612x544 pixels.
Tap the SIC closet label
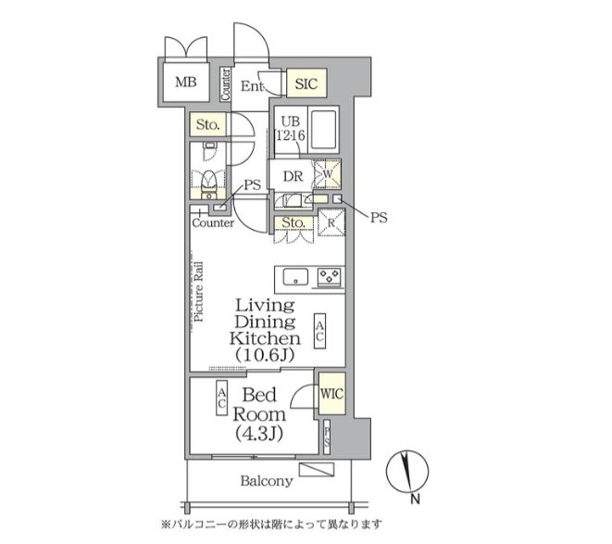pyautogui.click(x=306, y=84)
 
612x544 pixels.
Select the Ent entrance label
pyautogui.click(x=251, y=86)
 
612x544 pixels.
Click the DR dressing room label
pyautogui.click(x=293, y=176)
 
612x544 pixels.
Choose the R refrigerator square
pyautogui.click(x=331, y=223)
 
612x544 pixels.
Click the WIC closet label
pyautogui.click(x=331, y=393)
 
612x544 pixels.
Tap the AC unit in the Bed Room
pyautogui.click(x=223, y=399)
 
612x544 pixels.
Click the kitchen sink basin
pyautogui.click(x=294, y=276)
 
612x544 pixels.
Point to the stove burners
pyautogui.click(x=329, y=275)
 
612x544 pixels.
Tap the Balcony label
pyautogui.click(x=267, y=481)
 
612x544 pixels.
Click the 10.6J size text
pyautogui.click(x=265, y=355)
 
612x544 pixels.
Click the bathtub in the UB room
pyautogui.click(x=321, y=129)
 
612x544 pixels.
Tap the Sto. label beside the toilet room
pyautogui.click(x=206, y=125)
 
